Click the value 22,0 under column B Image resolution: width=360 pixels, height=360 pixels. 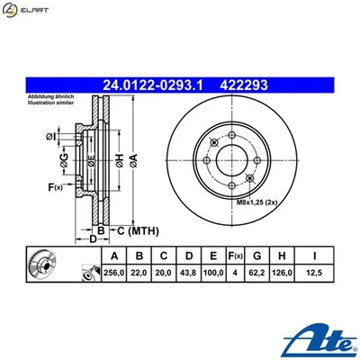138,274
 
